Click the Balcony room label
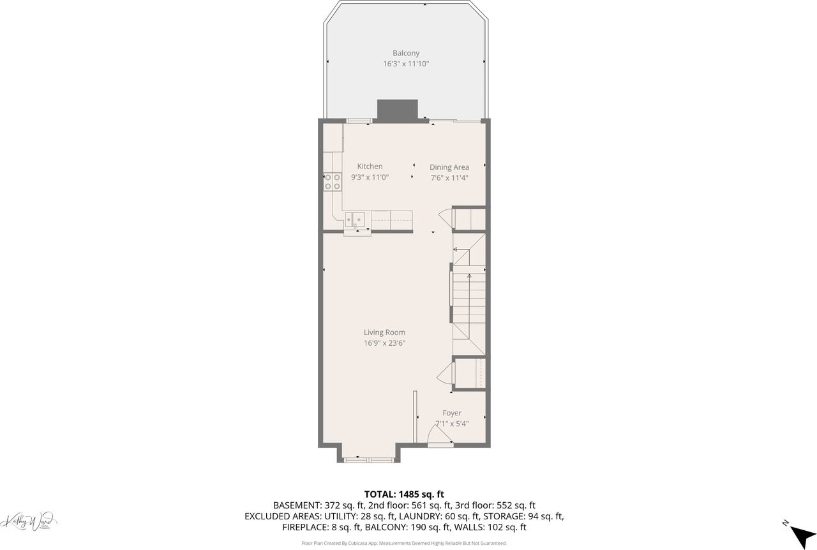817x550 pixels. click(x=406, y=53)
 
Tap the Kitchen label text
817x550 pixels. click(x=370, y=167)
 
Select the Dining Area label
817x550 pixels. click(x=449, y=167)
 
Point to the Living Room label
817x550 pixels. click(x=384, y=332)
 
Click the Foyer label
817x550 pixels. click(x=452, y=413)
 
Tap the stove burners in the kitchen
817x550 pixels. click(x=332, y=182)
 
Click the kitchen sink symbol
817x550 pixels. click(x=354, y=220)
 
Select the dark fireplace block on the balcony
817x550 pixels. click(x=397, y=110)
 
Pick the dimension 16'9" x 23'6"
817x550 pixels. click(x=384, y=343)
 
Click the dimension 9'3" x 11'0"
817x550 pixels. click(x=370, y=177)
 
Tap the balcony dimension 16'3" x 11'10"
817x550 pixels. click(x=406, y=64)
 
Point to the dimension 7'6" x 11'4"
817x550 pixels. click(x=449, y=178)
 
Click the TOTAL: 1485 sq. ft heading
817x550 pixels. click(x=404, y=494)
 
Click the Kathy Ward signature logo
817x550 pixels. click(x=29, y=521)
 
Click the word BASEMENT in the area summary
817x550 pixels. click(x=297, y=505)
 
